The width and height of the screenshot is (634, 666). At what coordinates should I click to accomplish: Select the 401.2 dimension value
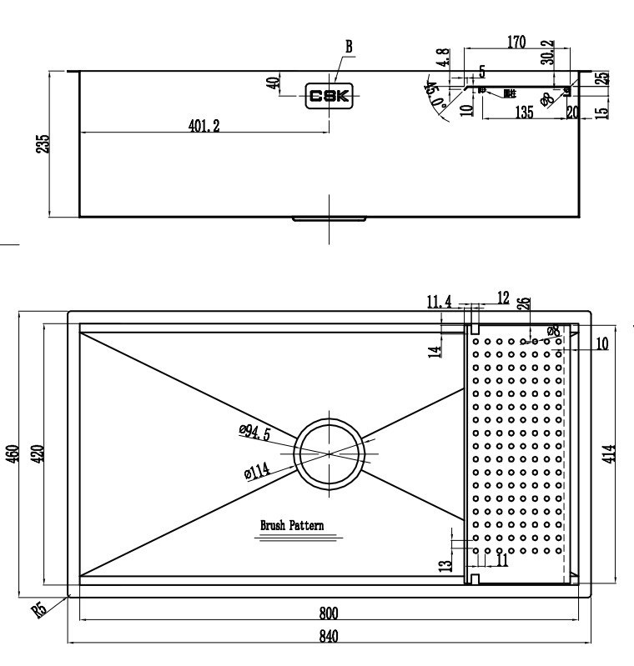pyautogui.click(x=204, y=126)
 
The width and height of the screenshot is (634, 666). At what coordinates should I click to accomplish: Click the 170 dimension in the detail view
pyautogui.click(x=516, y=43)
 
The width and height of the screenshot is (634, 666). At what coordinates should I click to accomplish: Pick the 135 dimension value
pyautogui.click(x=524, y=113)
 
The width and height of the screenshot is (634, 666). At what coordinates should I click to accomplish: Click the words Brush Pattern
pyautogui.click(x=292, y=526)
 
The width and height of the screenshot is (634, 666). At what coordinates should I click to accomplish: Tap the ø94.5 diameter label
pyautogui.click(x=254, y=432)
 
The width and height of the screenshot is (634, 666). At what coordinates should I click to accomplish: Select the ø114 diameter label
pyautogui.click(x=257, y=473)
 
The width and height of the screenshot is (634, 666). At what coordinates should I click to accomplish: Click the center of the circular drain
pyautogui.click(x=331, y=453)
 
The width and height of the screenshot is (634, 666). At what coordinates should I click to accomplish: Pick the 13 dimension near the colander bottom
pyautogui.click(x=446, y=564)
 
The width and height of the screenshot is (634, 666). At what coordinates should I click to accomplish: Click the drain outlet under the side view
pyautogui.click(x=329, y=220)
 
